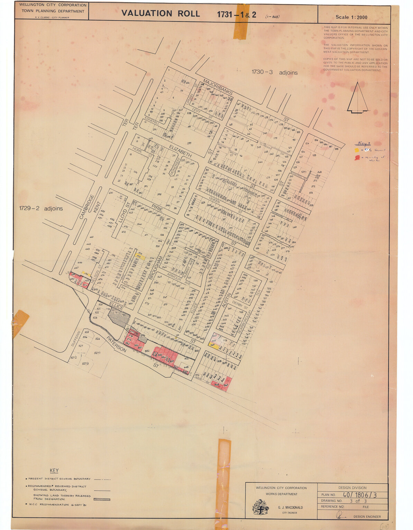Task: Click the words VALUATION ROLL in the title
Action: coord(160,13)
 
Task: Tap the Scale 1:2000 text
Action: coord(351,17)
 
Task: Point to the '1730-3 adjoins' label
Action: coord(274,72)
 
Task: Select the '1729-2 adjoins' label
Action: coord(41,208)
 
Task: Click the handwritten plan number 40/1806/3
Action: coord(359,495)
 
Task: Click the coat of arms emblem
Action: coord(260,507)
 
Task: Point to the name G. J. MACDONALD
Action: coord(290,508)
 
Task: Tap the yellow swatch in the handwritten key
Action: coord(357,150)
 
